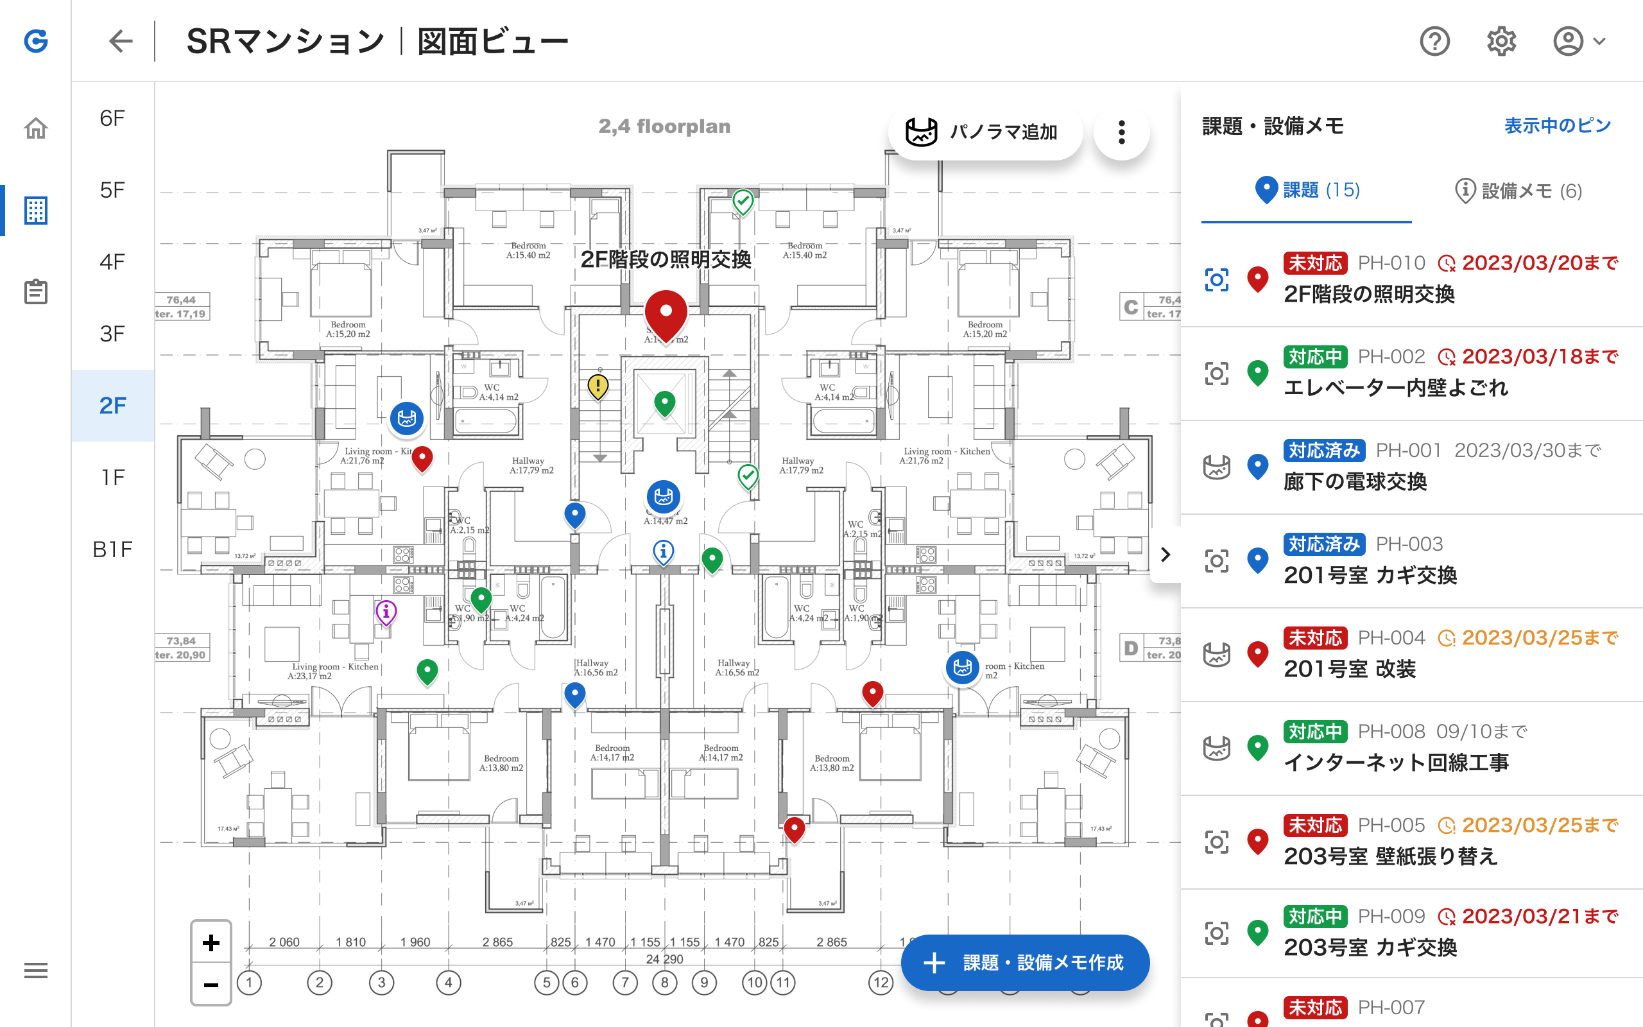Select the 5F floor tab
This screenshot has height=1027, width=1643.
tap(113, 190)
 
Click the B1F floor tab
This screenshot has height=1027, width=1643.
tap(113, 549)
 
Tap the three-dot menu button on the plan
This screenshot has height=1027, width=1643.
tap(1122, 132)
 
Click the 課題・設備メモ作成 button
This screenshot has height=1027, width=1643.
tap(1025, 962)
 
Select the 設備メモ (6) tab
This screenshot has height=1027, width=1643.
tap(1518, 191)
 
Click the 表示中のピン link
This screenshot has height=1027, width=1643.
tap(1557, 126)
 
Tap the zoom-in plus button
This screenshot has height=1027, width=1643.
tap(211, 943)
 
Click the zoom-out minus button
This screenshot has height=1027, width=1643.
tap(211, 984)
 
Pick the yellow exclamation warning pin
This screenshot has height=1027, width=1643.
tap(598, 386)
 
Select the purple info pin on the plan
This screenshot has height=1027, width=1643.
tap(386, 612)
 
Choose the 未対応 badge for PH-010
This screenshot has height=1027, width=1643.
tap(1315, 263)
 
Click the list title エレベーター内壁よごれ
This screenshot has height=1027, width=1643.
tap(1395, 388)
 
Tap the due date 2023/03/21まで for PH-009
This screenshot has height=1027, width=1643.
tap(1540, 917)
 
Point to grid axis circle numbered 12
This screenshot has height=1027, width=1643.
tap(881, 982)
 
